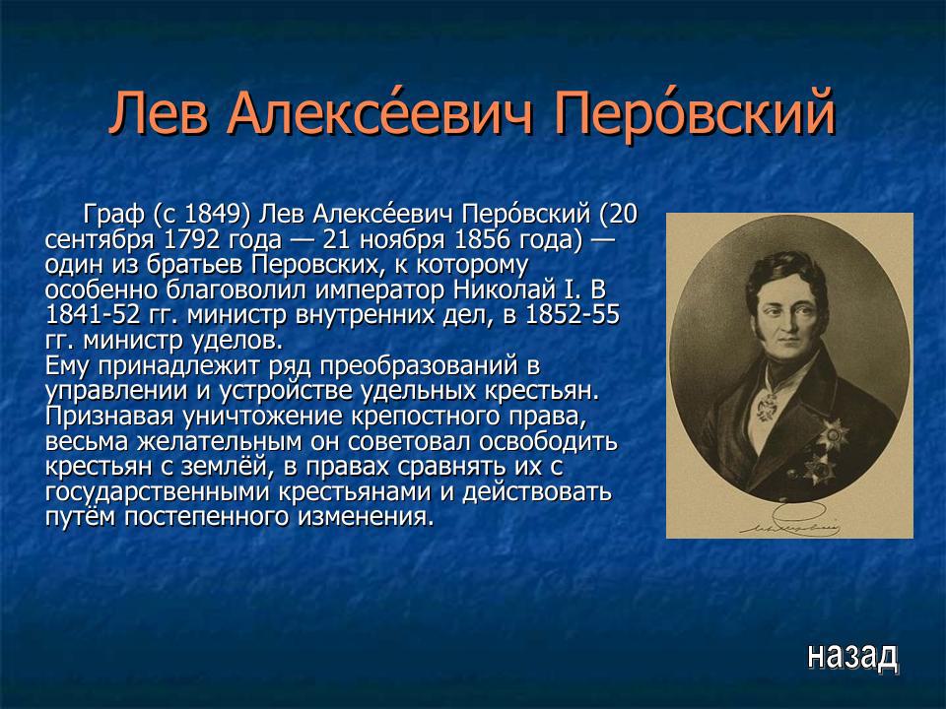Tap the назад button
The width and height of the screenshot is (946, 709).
[852, 654]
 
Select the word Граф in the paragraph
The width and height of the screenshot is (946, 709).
[114, 215]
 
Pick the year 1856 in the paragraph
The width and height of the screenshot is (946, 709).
[504, 240]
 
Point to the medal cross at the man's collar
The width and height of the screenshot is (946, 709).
[767, 403]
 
